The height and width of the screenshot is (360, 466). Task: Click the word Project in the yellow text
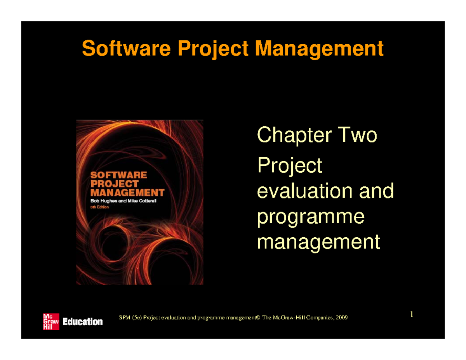290,166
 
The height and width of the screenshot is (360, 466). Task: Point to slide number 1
412,314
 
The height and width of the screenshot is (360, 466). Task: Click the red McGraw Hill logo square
51,321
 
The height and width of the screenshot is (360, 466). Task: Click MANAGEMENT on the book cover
127,192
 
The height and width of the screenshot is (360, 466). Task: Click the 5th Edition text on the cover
100,207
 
